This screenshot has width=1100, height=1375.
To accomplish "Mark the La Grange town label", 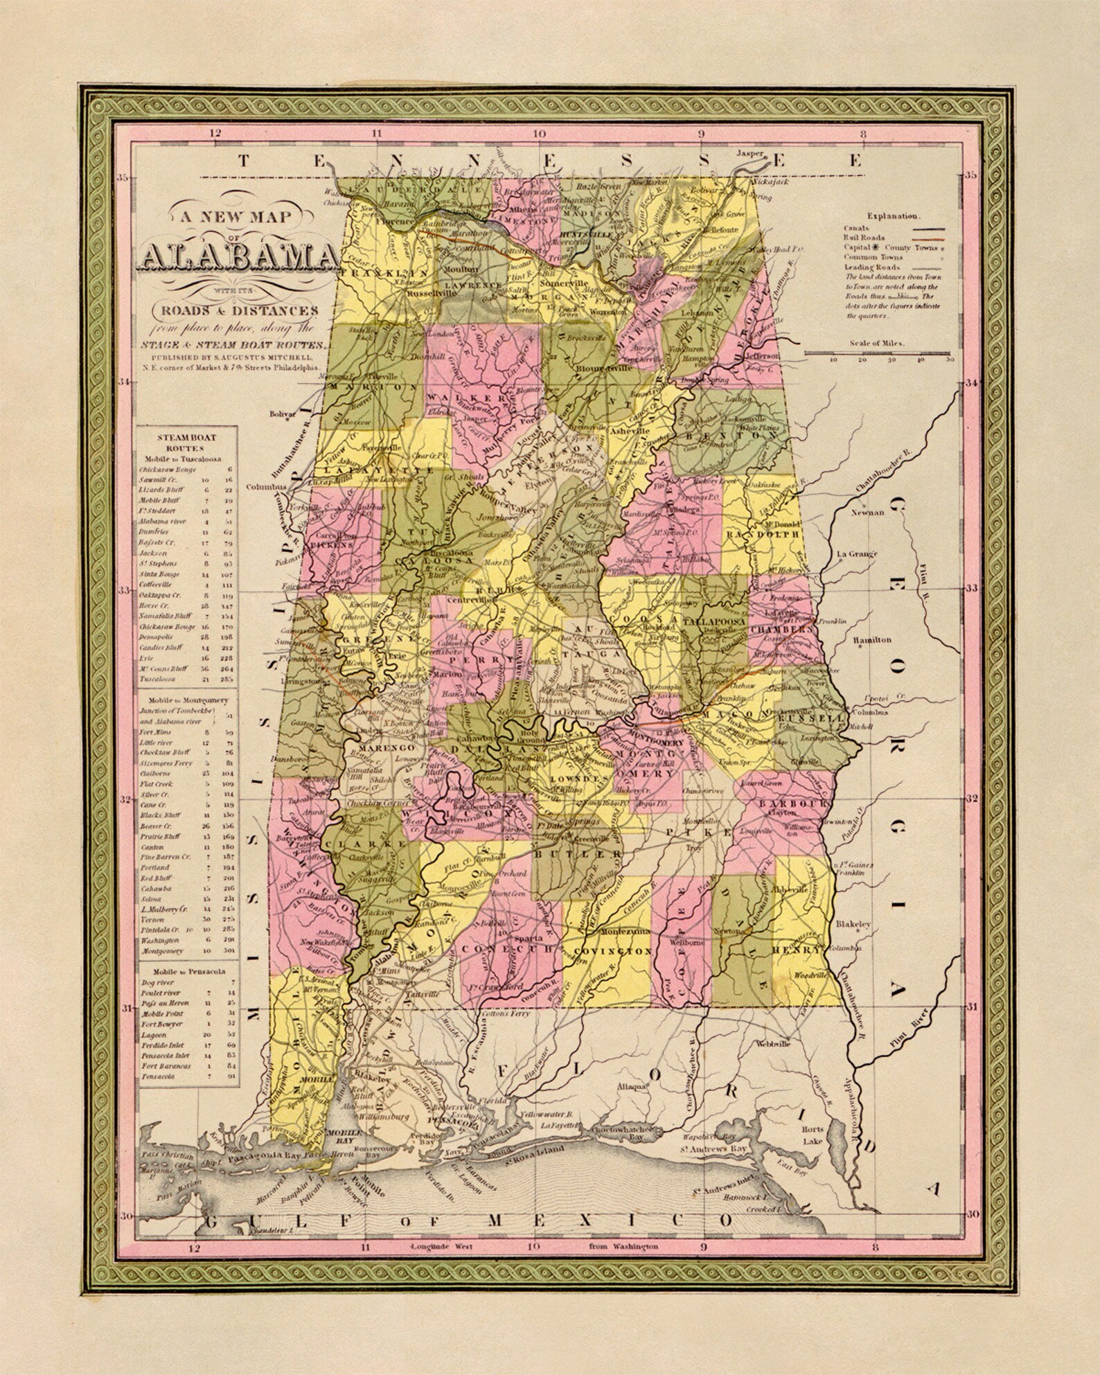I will [x=857, y=554].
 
